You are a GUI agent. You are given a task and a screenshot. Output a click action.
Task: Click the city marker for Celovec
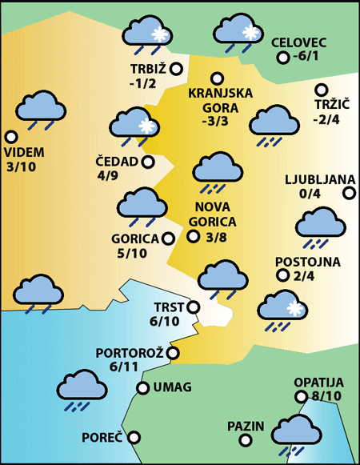click(x=282, y=58)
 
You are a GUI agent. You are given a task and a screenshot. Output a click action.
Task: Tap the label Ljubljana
click(x=318, y=178)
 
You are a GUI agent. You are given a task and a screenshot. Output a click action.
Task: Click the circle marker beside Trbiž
click(x=176, y=70)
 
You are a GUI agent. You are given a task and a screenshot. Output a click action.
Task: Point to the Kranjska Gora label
click(x=219, y=99)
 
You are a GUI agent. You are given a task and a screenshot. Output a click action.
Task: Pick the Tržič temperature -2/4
click(x=326, y=120)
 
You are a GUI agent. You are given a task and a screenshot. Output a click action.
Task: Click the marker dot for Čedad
click(x=148, y=162)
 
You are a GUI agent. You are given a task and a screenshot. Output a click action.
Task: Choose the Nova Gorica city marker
click(x=193, y=236)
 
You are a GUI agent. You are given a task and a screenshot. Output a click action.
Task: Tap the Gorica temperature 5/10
click(x=132, y=254)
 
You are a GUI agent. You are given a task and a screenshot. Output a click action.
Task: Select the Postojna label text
click(x=308, y=262)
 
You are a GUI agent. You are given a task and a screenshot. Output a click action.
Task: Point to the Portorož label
click(x=130, y=352)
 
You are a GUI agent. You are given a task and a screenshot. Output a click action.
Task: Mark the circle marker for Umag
click(x=143, y=388)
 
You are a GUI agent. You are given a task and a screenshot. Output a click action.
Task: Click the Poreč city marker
click(x=134, y=438)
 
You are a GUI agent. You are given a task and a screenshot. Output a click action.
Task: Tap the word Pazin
click(x=245, y=426)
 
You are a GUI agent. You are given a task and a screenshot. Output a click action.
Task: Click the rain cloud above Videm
click(x=41, y=110)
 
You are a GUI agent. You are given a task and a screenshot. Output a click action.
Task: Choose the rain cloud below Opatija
click(x=294, y=433)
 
